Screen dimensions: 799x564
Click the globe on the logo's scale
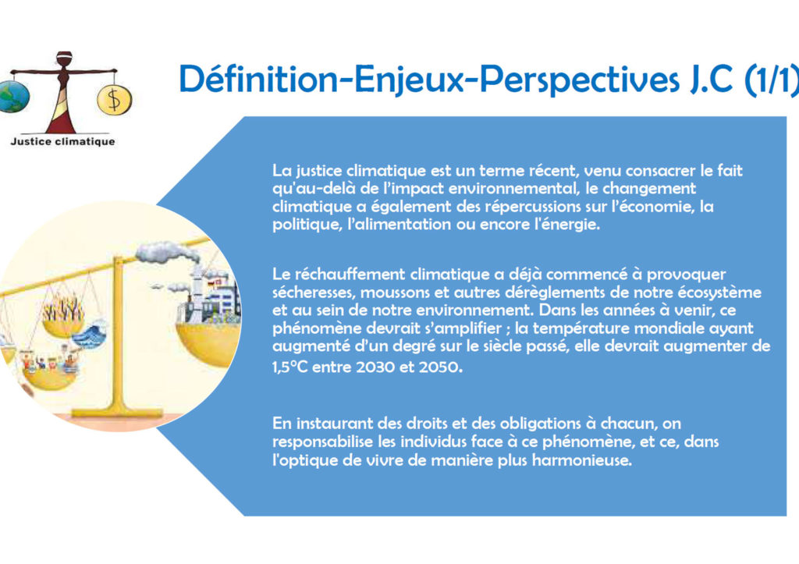(x=13, y=96)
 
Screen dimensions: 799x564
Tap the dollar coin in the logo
(x=114, y=99)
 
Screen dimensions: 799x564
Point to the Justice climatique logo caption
(x=62, y=142)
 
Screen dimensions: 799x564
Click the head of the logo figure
(x=64, y=58)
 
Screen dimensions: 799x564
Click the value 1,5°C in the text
(x=290, y=367)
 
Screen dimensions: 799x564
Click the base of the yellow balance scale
(x=117, y=412)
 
